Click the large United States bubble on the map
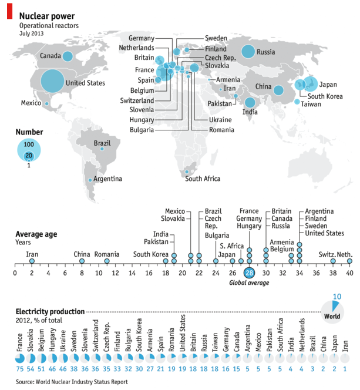click(x=52, y=81)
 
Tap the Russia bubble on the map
click(x=247, y=51)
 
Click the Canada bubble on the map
click(x=67, y=56)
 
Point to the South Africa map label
click(x=203, y=179)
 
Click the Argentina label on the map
click(x=107, y=179)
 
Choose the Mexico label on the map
click(x=31, y=103)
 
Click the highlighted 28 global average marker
click(x=249, y=273)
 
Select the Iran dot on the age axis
click(x=32, y=261)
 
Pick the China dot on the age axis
click(x=82, y=261)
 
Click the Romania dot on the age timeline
click(x=107, y=261)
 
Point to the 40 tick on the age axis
click(x=349, y=273)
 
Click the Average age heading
click(x=36, y=233)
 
